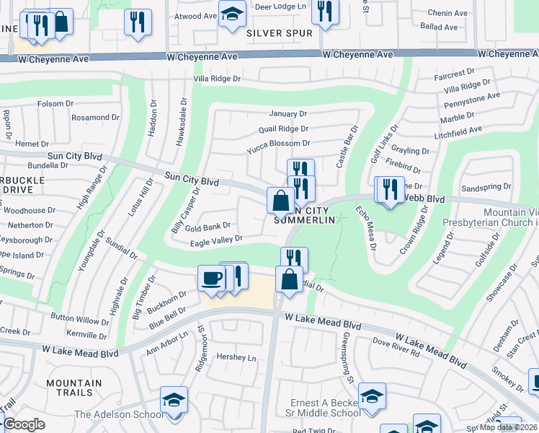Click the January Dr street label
click(x=288, y=114)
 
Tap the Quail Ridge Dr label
click(x=283, y=129)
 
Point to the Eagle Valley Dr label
click(x=216, y=240)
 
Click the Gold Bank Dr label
click(x=208, y=227)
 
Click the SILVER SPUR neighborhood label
click(x=280, y=33)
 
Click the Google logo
click(x=24, y=424)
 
